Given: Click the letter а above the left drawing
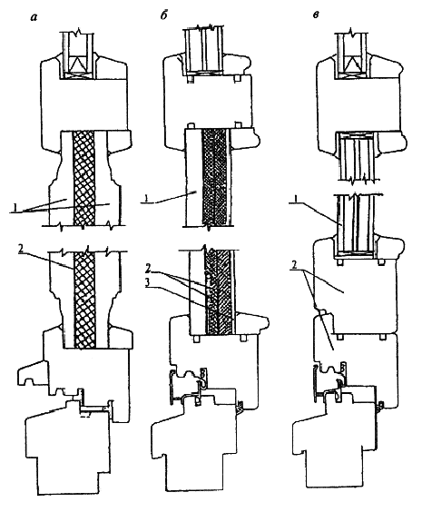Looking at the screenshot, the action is [34, 17].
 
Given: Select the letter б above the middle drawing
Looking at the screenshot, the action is [163, 15].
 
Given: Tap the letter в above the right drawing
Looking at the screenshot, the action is [316, 15].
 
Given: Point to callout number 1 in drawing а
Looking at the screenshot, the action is [15, 207].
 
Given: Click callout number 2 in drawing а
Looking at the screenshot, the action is [21, 249].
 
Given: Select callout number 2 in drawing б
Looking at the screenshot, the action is [148, 270].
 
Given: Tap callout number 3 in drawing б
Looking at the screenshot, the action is [148, 282].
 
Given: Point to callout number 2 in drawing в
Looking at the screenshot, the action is [295, 265].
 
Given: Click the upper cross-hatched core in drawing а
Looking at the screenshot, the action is [83, 178].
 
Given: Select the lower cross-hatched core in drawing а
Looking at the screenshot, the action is [85, 300].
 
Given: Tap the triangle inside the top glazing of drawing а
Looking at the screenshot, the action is [78, 64].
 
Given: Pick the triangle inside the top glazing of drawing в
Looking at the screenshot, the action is [352, 64].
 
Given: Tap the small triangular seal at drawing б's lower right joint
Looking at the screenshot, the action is [240, 407].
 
